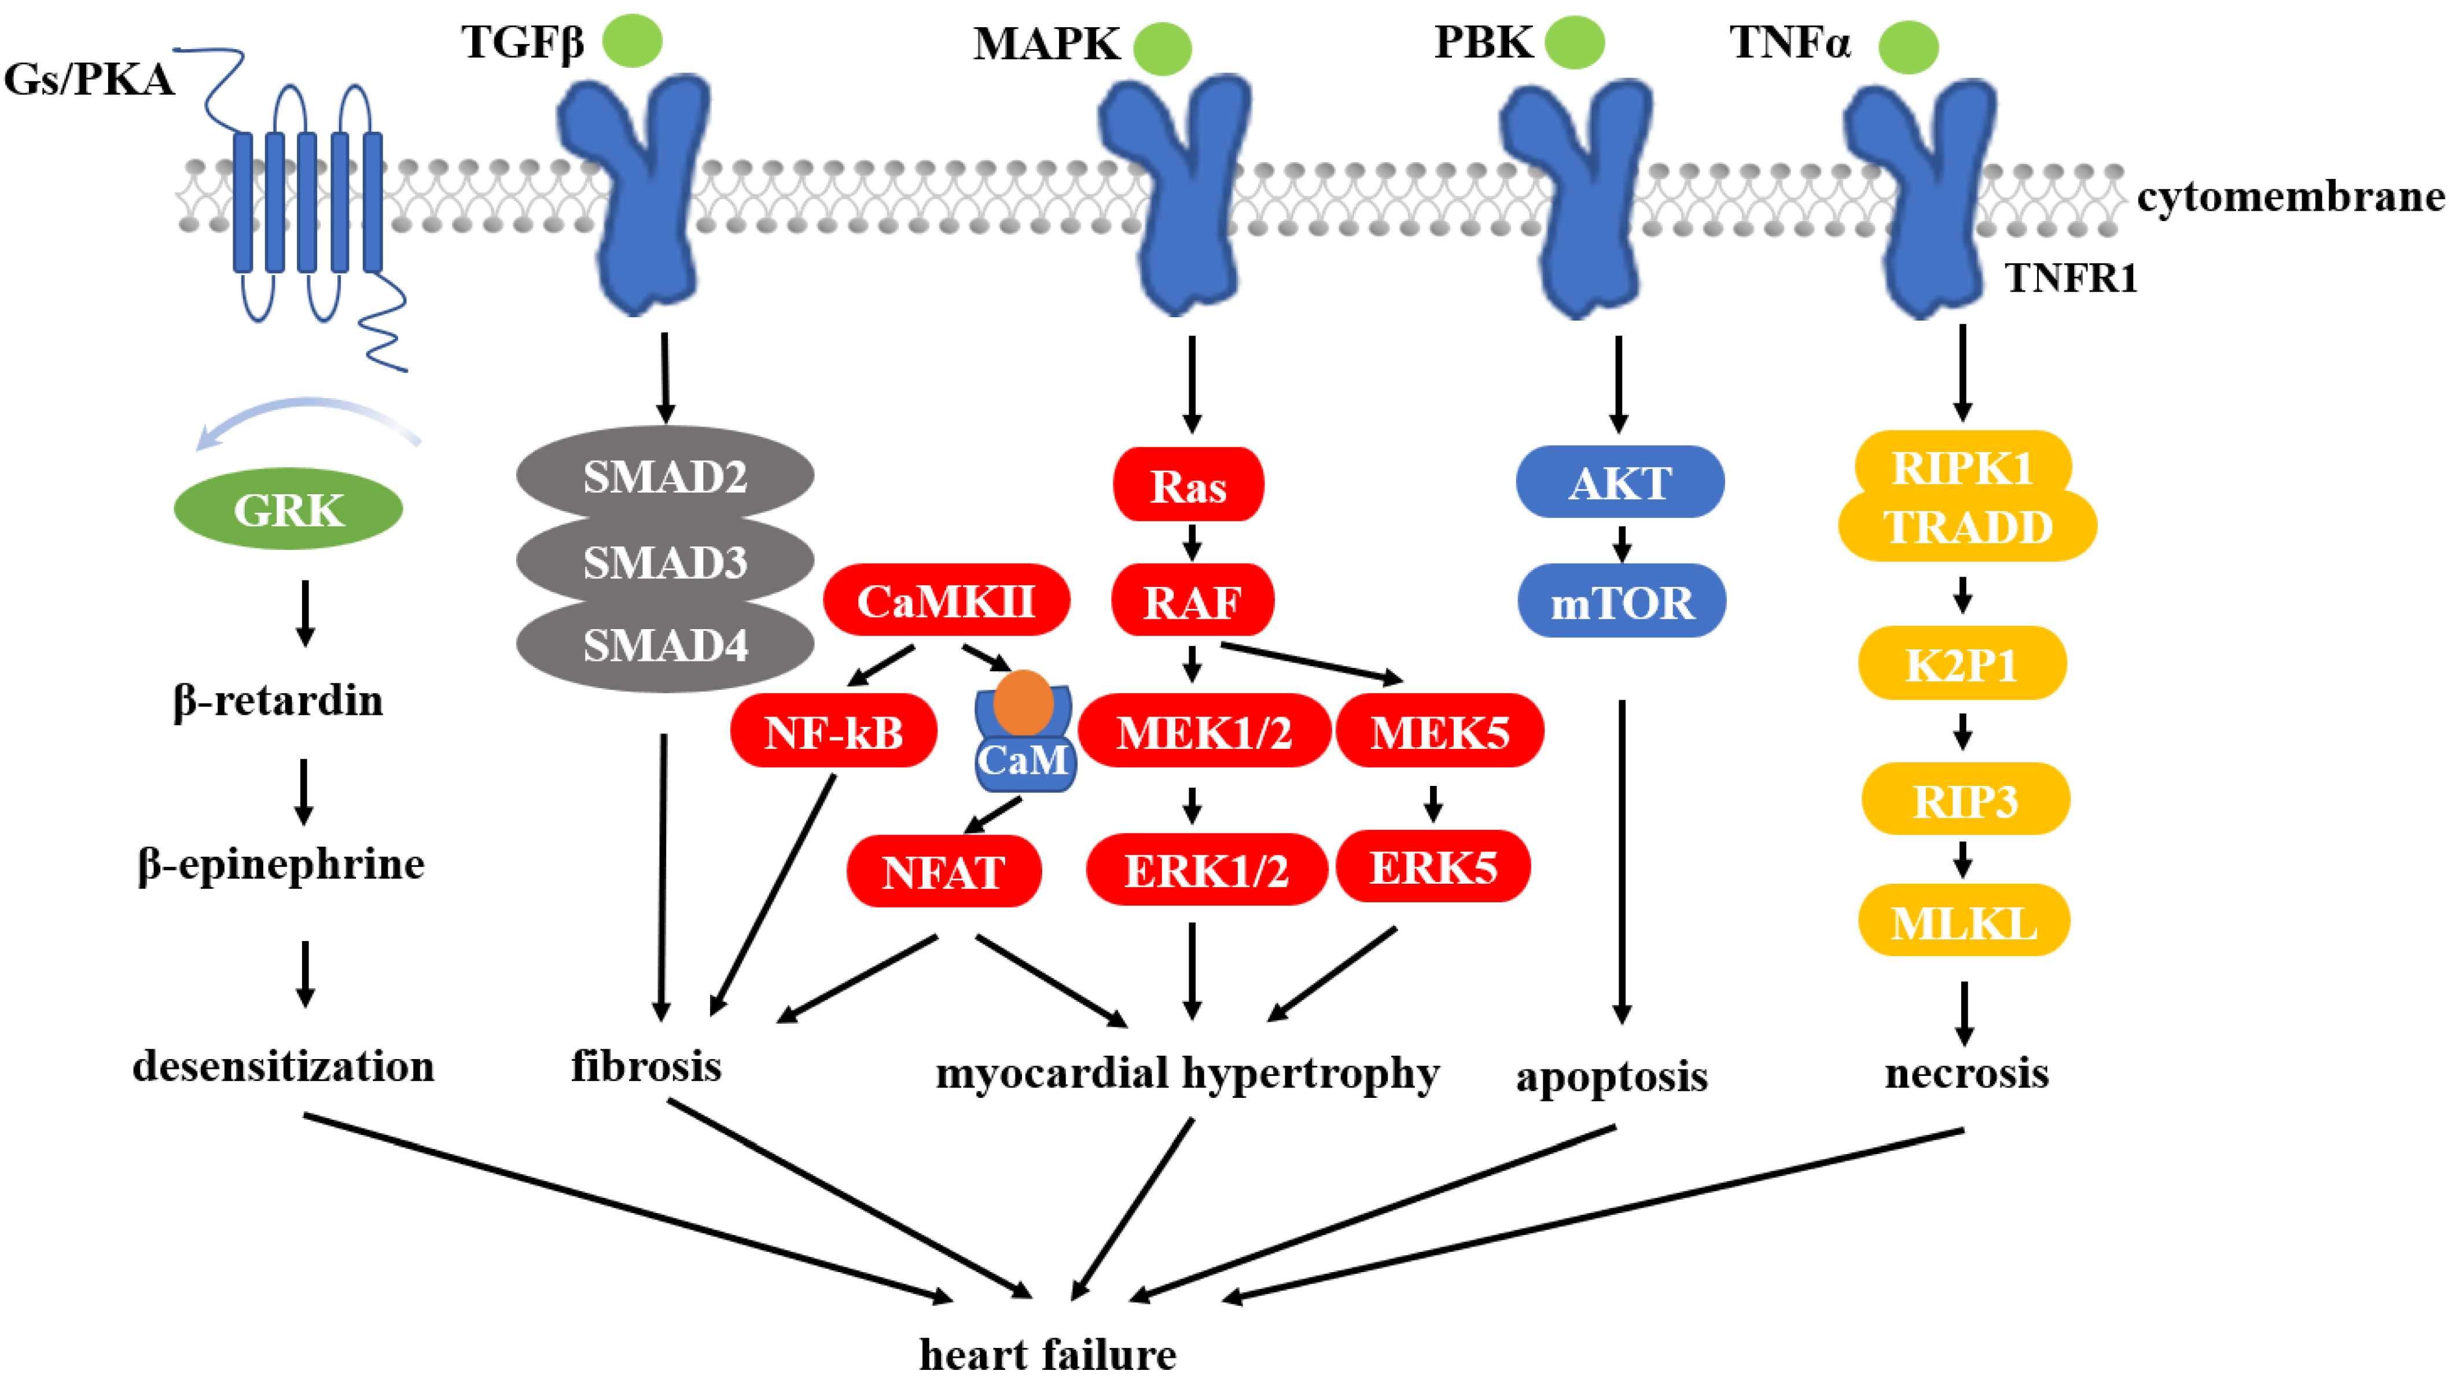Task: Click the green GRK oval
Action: click(x=288, y=509)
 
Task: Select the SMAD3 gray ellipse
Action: click(x=665, y=561)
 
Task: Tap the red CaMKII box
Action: click(x=946, y=600)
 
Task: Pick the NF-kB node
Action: click(x=833, y=731)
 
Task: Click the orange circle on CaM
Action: click(x=1023, y=702)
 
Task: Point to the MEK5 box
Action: click(x=1439, y=731)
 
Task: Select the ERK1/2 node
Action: click(x=1207, y=869)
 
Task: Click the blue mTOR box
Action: click(x=1622, y=601)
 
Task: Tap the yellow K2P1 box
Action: click(x=1962, y=663)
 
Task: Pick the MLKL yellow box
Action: click(x=1964, y=921)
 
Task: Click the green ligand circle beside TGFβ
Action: click(x=633, y=41)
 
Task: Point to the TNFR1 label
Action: click(x=2071, y=278)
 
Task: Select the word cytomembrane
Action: click(x=2290, y=197)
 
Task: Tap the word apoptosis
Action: click(x=1611, y=1076)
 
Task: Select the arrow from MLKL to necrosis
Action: click(x=1964, y=1014)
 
